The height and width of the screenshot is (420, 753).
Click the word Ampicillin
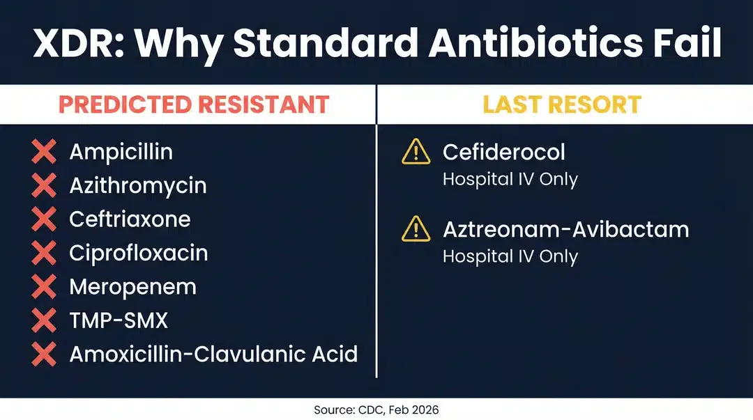coord(121,152)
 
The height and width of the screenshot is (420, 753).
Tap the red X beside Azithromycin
coord(44,185)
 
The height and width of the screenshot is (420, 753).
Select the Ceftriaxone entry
coord(130,219)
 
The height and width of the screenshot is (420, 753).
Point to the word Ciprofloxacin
coord(138,253)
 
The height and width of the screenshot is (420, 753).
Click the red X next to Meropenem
coord(44,286)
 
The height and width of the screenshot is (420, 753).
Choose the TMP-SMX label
coord(119,320)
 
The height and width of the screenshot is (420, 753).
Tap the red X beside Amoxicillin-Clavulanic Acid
coord(44,355)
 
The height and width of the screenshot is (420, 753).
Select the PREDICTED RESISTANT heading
coord(194,104)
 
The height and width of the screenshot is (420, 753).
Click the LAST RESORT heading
coord(562,104)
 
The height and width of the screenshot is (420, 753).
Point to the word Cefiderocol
coord(504,152)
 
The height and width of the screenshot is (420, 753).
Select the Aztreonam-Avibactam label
coord(565,229)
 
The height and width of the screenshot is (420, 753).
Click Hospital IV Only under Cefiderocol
coord(510,179)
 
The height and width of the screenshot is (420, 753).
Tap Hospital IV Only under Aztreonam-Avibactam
coord(510,256)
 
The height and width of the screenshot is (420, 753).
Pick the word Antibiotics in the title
coord(536,43)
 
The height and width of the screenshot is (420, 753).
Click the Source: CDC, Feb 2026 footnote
coord(376,410)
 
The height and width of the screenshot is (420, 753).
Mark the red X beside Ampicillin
coord(44,152)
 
